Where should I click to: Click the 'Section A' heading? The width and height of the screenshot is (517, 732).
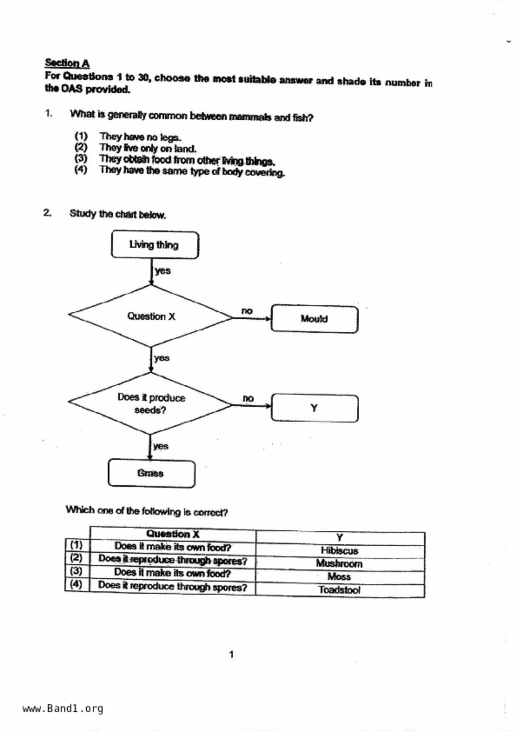(67, 63)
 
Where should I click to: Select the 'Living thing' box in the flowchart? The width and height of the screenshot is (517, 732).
(155, 245)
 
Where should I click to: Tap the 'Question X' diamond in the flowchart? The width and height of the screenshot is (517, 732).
(151, 316)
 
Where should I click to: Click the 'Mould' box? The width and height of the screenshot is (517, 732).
(314, 319)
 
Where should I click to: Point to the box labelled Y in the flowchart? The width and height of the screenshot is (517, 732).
(314, 408)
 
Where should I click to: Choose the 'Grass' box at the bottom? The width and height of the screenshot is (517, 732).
(151, 473)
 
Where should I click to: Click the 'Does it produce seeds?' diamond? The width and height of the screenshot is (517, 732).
(151, 403)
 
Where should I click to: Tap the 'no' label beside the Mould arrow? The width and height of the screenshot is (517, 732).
(247, 311)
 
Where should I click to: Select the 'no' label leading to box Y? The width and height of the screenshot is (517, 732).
(248, 399)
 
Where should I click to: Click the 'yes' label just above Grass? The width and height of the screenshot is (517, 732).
(161, 446)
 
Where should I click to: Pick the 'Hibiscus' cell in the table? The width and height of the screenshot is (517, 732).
(339, 551)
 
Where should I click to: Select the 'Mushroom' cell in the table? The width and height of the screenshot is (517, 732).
(339, 564)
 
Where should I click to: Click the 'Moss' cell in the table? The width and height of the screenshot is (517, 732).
(339, 577)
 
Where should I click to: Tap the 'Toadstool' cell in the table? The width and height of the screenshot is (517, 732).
(339, 590)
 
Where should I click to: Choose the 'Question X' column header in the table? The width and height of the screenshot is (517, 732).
(173, 534)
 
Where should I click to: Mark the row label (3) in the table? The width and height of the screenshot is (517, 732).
(76, 571)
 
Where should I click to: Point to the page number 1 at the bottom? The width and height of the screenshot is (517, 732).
(232, 654)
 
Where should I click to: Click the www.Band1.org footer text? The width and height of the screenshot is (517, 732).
(63, 709)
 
